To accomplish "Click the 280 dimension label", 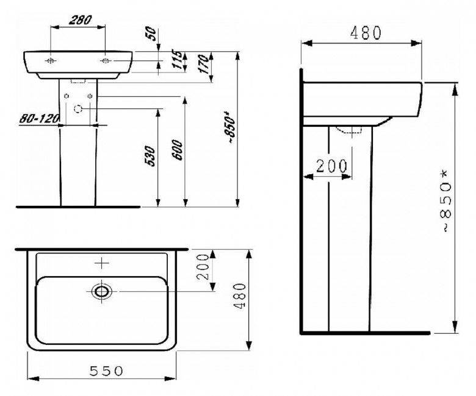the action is pyautogui.click(x=80, y=20).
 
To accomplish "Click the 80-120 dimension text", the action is pyautogui.click(x=38, y=118).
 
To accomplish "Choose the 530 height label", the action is pyautogui.click(x=150, y=157).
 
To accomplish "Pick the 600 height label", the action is pyautogui.click(x=178, y=150).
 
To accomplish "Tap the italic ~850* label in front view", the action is pyautogui.click(x=231, y=127).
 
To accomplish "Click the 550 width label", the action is pyautogui.click(x=107, y=371).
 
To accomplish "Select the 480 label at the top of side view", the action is pyautogui.click(x=366, y=33).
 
